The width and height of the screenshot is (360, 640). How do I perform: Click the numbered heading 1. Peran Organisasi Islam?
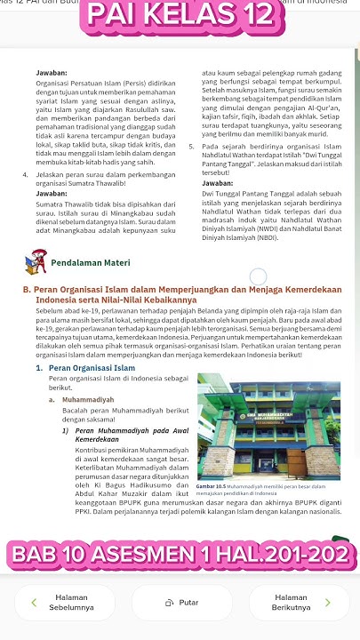(87, 367)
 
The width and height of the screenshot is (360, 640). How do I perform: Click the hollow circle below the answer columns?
(258, 278)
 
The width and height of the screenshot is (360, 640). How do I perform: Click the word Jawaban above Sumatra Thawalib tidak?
(53, 193)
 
